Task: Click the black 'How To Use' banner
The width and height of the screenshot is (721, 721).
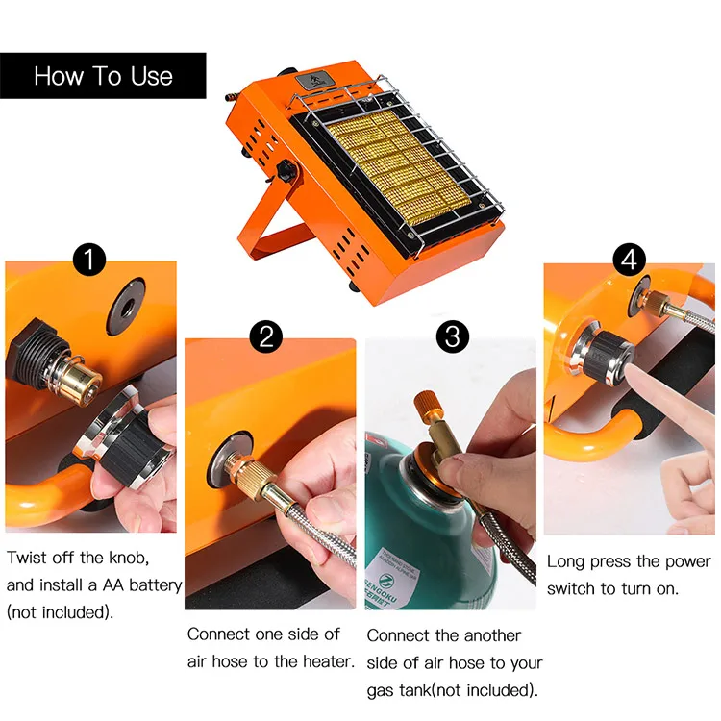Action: [x=103, y=76]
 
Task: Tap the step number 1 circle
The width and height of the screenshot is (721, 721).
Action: [x=89, y=260]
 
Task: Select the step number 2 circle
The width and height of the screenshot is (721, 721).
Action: [x=266, y=336]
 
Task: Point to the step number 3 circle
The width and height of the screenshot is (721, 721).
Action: [x=453, y=336]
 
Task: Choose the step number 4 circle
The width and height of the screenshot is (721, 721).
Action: [x=630, y=260]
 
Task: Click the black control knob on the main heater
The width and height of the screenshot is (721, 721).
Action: [x=286, y=169]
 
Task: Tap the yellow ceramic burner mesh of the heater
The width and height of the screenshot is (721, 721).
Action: [x=399, y=167]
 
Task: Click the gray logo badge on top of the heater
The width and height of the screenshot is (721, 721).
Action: [x=311, y=81]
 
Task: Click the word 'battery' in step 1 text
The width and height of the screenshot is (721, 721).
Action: [x=156, y=585]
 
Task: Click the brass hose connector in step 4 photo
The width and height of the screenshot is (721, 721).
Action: [x=659, y=303]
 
